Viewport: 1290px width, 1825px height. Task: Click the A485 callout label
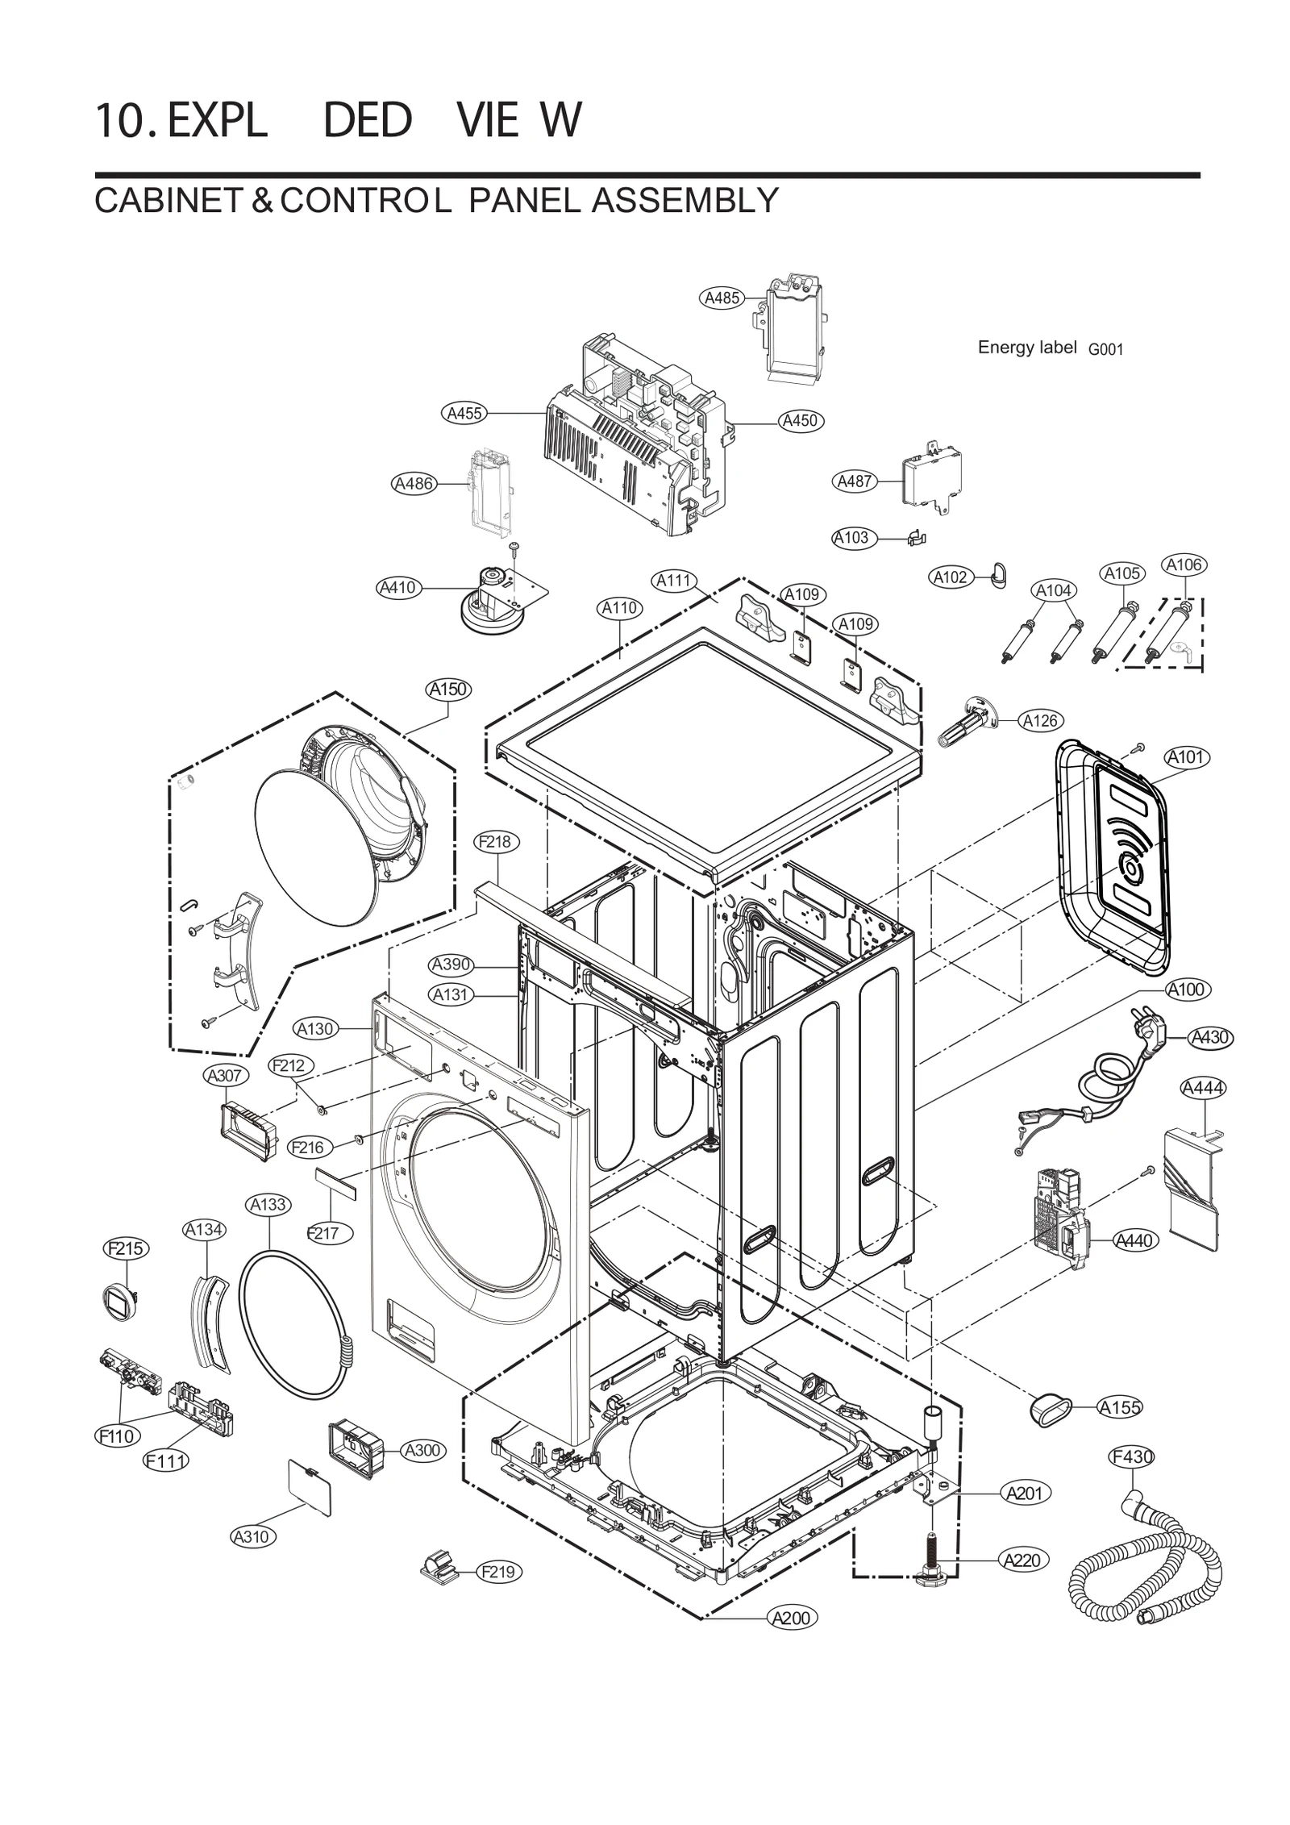tap(721, 298)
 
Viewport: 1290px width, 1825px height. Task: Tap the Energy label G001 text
tap(1049, 348)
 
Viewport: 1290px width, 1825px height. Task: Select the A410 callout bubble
tap(397, 587)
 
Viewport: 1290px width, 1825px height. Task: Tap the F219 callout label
tap(500, 1572)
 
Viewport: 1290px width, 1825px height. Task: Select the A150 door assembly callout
tap(448, 690)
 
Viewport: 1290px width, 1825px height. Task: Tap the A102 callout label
tap(950, 577)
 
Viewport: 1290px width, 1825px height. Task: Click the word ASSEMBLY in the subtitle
tap(685, 200)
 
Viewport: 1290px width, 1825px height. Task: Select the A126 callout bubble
tap(1039, 720)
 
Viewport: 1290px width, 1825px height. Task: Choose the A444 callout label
tap(1202, 1088)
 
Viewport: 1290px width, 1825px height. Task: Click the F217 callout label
tap(323, 1232)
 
